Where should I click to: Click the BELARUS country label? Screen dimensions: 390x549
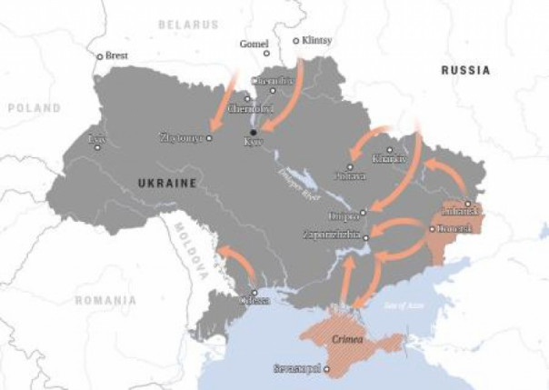click(188, 25)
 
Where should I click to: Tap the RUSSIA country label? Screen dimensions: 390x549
click(465, 70)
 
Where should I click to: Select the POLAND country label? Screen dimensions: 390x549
click(34, 107)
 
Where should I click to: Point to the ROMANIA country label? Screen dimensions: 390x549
click(105, 300)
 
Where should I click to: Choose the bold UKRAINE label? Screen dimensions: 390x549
click(166, 184)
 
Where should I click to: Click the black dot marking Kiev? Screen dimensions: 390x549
click(254, 133)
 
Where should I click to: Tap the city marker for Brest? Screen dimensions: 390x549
click(101, 56)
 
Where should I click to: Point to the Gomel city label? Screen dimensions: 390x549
click(254, 43)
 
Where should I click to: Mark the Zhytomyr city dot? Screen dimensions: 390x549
click(209, 138)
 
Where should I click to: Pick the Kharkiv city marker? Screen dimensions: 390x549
click(390, 150)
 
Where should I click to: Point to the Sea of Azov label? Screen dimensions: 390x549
click(404, 306)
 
